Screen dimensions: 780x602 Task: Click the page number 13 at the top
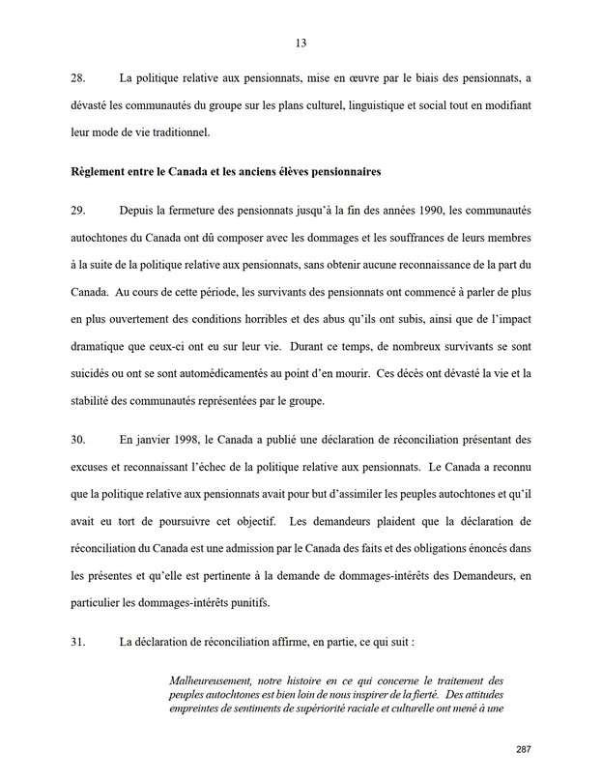tap(301, 43)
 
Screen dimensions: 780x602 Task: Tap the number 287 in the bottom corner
tap(524, 749)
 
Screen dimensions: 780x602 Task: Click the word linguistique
tap(390, 103)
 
